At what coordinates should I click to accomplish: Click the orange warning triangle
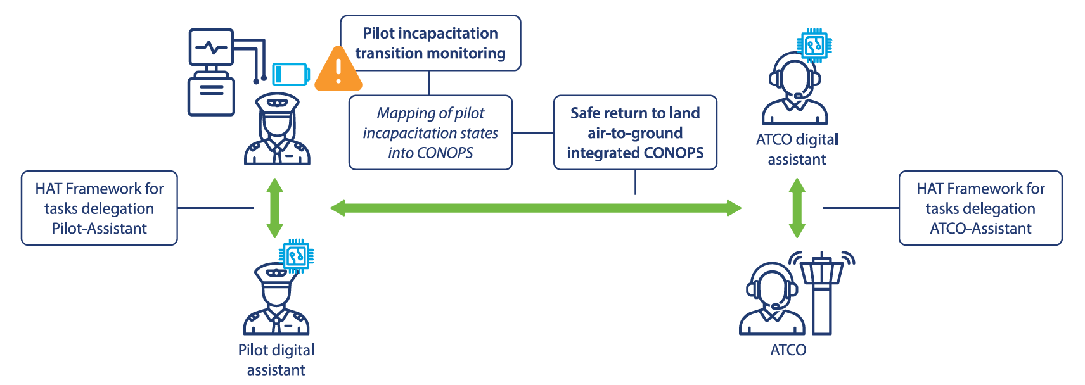click(338, 68)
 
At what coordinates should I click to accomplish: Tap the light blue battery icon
click(291, 75)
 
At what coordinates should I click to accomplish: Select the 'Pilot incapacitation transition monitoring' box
click(430, 43)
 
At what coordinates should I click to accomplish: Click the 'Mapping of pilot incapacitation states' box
click(430, 132)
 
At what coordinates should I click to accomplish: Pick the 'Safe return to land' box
click(635, 132)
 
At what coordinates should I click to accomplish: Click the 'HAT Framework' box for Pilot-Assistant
click(100, 208)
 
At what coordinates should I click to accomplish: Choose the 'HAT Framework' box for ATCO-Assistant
click(980, 208)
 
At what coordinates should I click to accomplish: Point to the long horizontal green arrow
click(536, 208)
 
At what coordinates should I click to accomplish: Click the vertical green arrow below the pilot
click(274, 208)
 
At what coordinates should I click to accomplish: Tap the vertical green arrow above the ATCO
click(797, 208)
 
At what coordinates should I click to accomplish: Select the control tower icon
click(822, 293)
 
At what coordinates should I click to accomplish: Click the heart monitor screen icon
click(211, 47)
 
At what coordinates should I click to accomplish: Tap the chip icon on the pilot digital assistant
click(296, 256)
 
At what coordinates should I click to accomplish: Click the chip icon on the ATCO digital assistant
click(815, 46)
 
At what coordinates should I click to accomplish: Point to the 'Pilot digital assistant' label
click(276, 360)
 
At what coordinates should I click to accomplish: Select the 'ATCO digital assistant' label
click(797, 149)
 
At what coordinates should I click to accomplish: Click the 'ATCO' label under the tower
click(788, 350)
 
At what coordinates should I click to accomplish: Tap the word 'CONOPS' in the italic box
click(445, 153)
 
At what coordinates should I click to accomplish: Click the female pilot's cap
click(277, 102)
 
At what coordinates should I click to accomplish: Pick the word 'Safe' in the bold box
click(585, 113)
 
